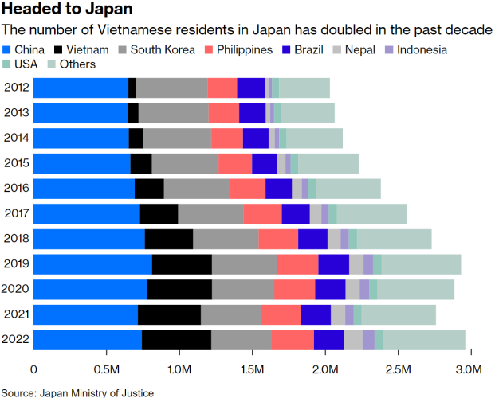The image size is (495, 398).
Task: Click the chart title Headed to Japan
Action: (68, 10)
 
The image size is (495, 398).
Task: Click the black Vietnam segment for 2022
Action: (176, 340)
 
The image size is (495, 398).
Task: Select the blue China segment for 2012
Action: (81, 88)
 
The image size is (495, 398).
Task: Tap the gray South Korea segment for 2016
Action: (197, 189)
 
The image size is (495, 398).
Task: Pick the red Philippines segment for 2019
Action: (297, 264)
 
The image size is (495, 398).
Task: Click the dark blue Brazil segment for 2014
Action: (256, 138)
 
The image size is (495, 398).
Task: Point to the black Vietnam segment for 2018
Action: (169, 239)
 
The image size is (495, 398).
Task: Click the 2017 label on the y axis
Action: (17, 213)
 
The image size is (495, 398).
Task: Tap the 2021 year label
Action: (17, 314)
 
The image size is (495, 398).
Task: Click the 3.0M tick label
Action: (469, 370)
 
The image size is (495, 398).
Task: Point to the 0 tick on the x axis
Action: (33, 370)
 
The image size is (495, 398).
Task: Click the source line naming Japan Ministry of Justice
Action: (77, 392)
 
